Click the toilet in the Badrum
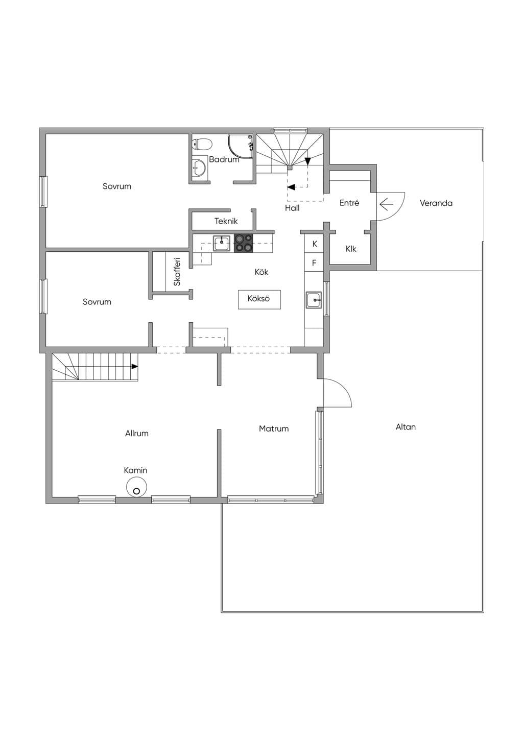202,145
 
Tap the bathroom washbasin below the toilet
199,168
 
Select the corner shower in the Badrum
241,147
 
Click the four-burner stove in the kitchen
244,243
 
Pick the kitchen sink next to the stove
221,243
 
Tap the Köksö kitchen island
259,300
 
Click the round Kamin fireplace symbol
136,487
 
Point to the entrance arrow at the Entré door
386,205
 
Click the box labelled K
314,244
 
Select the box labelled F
314,262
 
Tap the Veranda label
436,203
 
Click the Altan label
406,427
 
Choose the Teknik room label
226,221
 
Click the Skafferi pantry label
177,272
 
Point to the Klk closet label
351,248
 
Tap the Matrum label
274,428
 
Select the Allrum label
137,433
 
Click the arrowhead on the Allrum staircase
134,366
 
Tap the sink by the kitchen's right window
314,300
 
